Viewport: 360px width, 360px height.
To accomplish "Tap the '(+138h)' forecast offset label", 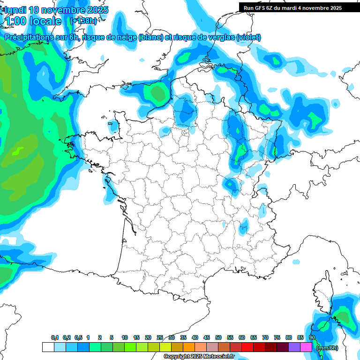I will coord(83,21).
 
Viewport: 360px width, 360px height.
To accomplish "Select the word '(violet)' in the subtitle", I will coord(248,37).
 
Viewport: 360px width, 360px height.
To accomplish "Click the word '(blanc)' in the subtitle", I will coord(150,37).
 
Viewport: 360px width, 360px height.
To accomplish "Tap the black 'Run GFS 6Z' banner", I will coord(292,7).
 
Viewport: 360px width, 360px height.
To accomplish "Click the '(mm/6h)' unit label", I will coord(327,347).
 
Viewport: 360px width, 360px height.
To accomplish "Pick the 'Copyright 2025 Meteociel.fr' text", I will coord(199,357).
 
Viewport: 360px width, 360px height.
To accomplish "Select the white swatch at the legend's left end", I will coord(48,347).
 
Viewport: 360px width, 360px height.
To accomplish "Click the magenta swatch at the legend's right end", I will coord(306,347).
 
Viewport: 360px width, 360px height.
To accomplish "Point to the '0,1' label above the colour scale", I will coord(55,337).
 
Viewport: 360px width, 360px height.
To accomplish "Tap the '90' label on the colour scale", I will coord(312,337).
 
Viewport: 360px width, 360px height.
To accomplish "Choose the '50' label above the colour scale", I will coord(218,337).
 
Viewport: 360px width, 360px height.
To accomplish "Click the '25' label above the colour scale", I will coord(160,337).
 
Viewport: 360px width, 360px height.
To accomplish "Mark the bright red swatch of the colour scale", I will coord(247,347).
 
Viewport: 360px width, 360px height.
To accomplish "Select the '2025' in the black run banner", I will coord(334,8).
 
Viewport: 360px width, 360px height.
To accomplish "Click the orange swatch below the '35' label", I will coord(189,347).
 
